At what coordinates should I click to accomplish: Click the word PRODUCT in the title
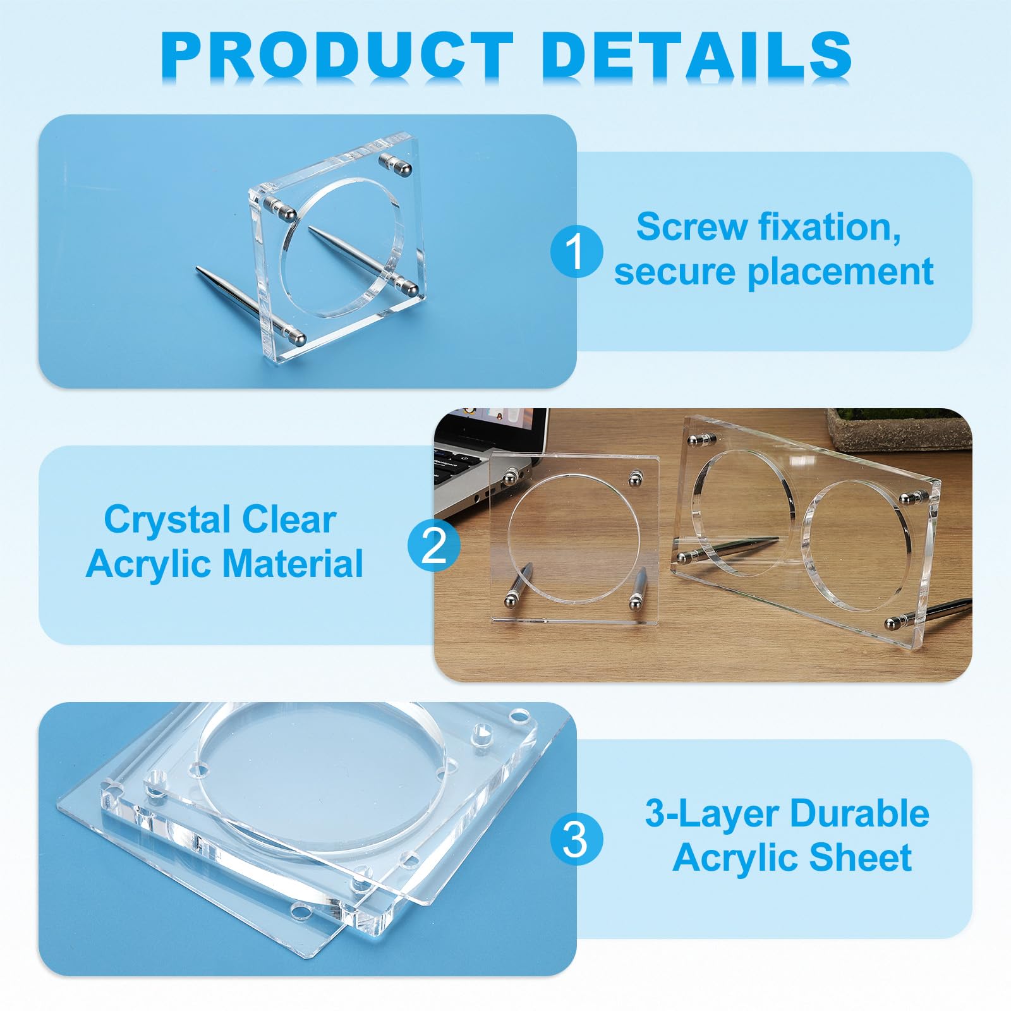pyautogui.click(x=337, y=55)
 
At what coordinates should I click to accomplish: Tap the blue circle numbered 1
pyautogui.click(x=576, y=251)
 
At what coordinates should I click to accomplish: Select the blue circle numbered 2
pyautogui.click(x=433, y=545)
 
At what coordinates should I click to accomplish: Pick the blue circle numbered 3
pyautogui.click(x=576, y=839)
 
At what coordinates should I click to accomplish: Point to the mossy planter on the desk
pyautogui.click(x=898, y=427)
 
